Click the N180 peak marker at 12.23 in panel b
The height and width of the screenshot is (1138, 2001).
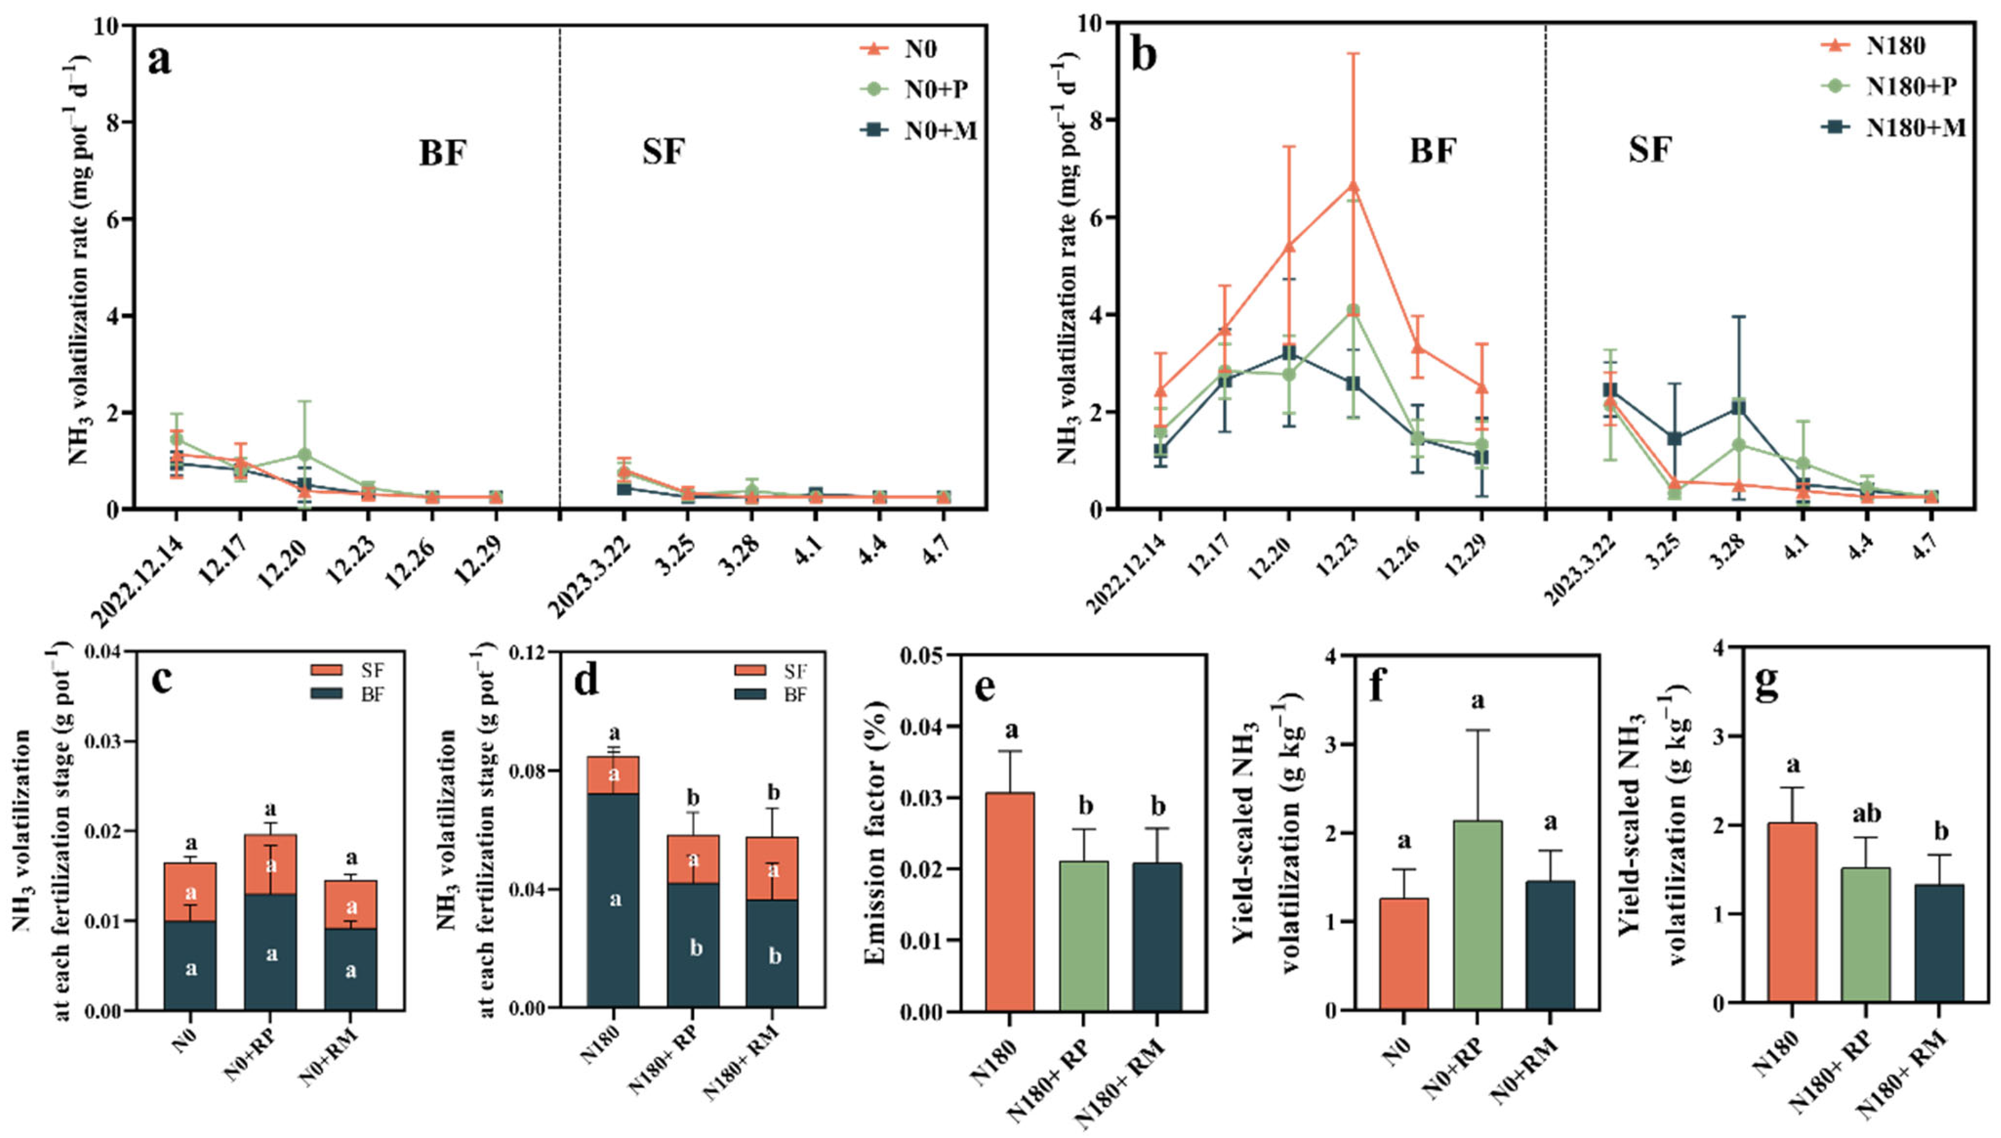coord(1352,185)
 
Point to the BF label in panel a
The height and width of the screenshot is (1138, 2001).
coord(442,153)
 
